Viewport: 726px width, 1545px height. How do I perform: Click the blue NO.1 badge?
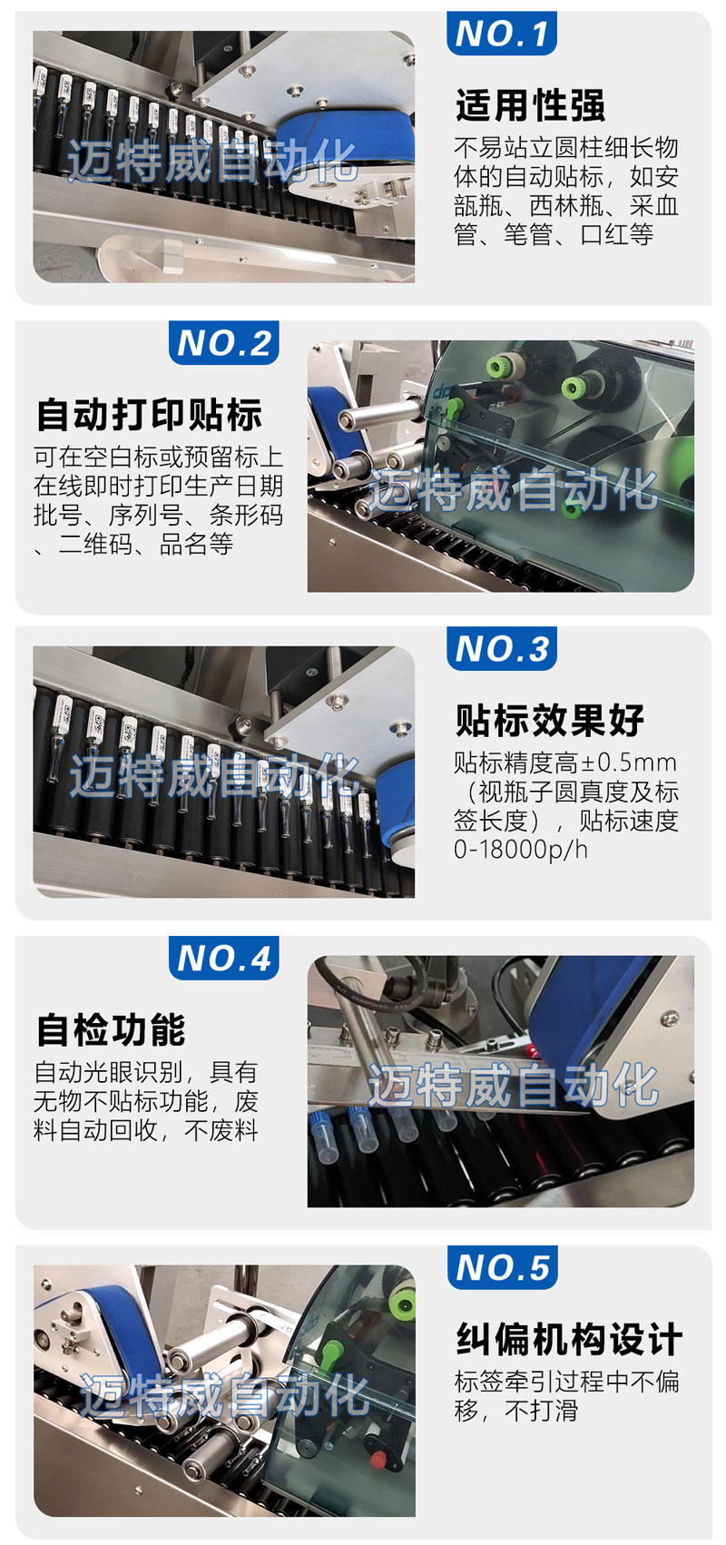click(501, 33)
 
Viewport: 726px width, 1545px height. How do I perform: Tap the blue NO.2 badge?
click(223, 342)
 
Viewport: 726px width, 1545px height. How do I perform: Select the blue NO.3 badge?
click(501, 648)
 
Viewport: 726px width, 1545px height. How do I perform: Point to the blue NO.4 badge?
click(223, 958)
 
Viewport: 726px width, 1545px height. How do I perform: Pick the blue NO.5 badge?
click(502, 1267)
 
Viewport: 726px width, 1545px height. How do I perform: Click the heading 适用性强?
click(530, 105)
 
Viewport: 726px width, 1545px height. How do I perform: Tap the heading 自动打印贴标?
click(149, 415)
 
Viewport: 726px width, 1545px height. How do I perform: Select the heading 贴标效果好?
click(550, 721)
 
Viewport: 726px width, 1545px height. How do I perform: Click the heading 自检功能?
click(111, 1029)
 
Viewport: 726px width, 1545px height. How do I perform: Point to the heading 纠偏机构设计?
click(569, 1340)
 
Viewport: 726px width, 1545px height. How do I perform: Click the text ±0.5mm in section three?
click(630, 763)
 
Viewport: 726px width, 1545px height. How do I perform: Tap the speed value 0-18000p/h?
click(521, 850)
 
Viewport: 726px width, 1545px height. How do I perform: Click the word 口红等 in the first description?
click(617, 234)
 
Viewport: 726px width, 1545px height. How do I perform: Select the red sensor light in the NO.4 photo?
click(533, 1050)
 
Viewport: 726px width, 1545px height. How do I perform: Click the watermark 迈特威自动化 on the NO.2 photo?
click(513, 489)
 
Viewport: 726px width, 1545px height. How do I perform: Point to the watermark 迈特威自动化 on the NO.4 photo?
click(513, 1085)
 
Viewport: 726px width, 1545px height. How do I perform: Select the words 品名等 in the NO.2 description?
click(197, 544)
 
